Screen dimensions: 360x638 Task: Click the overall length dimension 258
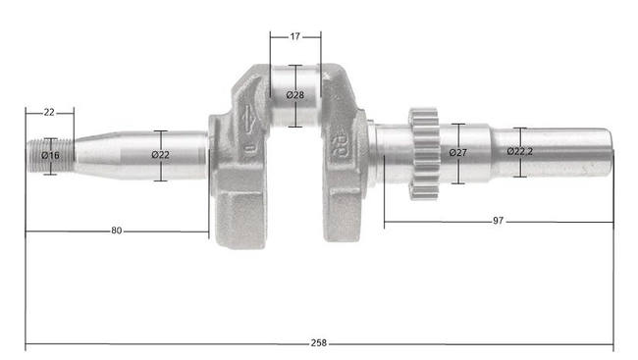pos(318,343)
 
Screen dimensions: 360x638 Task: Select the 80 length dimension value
pos(117,231)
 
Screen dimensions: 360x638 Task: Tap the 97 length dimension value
pos(498,222)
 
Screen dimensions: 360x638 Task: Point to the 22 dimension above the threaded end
pos(49,113)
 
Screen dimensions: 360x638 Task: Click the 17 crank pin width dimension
pos(295,36)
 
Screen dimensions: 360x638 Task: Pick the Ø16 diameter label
pos(50,156)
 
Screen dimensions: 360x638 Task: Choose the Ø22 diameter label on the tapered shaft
pos(161,155)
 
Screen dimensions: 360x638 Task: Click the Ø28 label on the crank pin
pos(294,95)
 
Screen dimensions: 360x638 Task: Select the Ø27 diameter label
pos(457,153)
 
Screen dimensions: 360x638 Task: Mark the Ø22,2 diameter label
pos(520,151)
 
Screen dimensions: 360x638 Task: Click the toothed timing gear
pos(423,154)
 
